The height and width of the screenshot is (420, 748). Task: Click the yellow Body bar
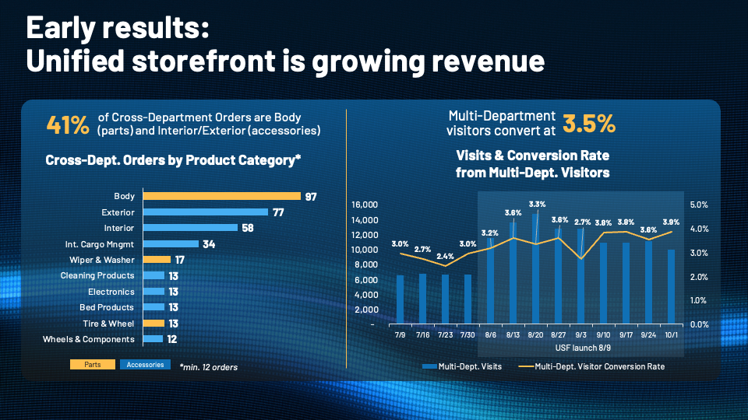coord(222,196)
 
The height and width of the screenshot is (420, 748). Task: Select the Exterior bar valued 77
coord(206,212)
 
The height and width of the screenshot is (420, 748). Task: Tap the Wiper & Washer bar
coord(157,260)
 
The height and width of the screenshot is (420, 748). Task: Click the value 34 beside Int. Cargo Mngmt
coord(209,244)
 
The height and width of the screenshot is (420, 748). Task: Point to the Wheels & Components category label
coord(89,339)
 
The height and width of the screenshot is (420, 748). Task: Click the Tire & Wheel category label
coord(108,324)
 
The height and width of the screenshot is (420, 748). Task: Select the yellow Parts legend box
coord(93,364)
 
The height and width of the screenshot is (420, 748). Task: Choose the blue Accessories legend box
coord(145,364)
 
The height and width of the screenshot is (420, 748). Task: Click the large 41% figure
coord(68,125)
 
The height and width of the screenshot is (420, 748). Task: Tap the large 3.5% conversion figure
coord(589,124)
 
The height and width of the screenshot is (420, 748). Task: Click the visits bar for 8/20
coord(536,269)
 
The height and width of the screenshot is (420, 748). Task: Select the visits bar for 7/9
coord(400,299)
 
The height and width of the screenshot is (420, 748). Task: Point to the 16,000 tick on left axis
coord(365,205)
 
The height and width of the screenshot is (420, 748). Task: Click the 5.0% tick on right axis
coord(699,205)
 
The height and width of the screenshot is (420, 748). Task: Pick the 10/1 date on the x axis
coord(671,334)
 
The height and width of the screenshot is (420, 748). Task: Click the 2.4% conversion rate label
coord(445,256)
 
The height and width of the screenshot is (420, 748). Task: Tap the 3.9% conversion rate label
coord(671,222)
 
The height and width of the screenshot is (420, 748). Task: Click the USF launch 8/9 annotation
coord(583,348)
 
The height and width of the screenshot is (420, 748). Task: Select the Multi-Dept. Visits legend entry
coord(462,366)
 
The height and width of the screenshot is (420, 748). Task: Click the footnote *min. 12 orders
coord(209,367)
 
